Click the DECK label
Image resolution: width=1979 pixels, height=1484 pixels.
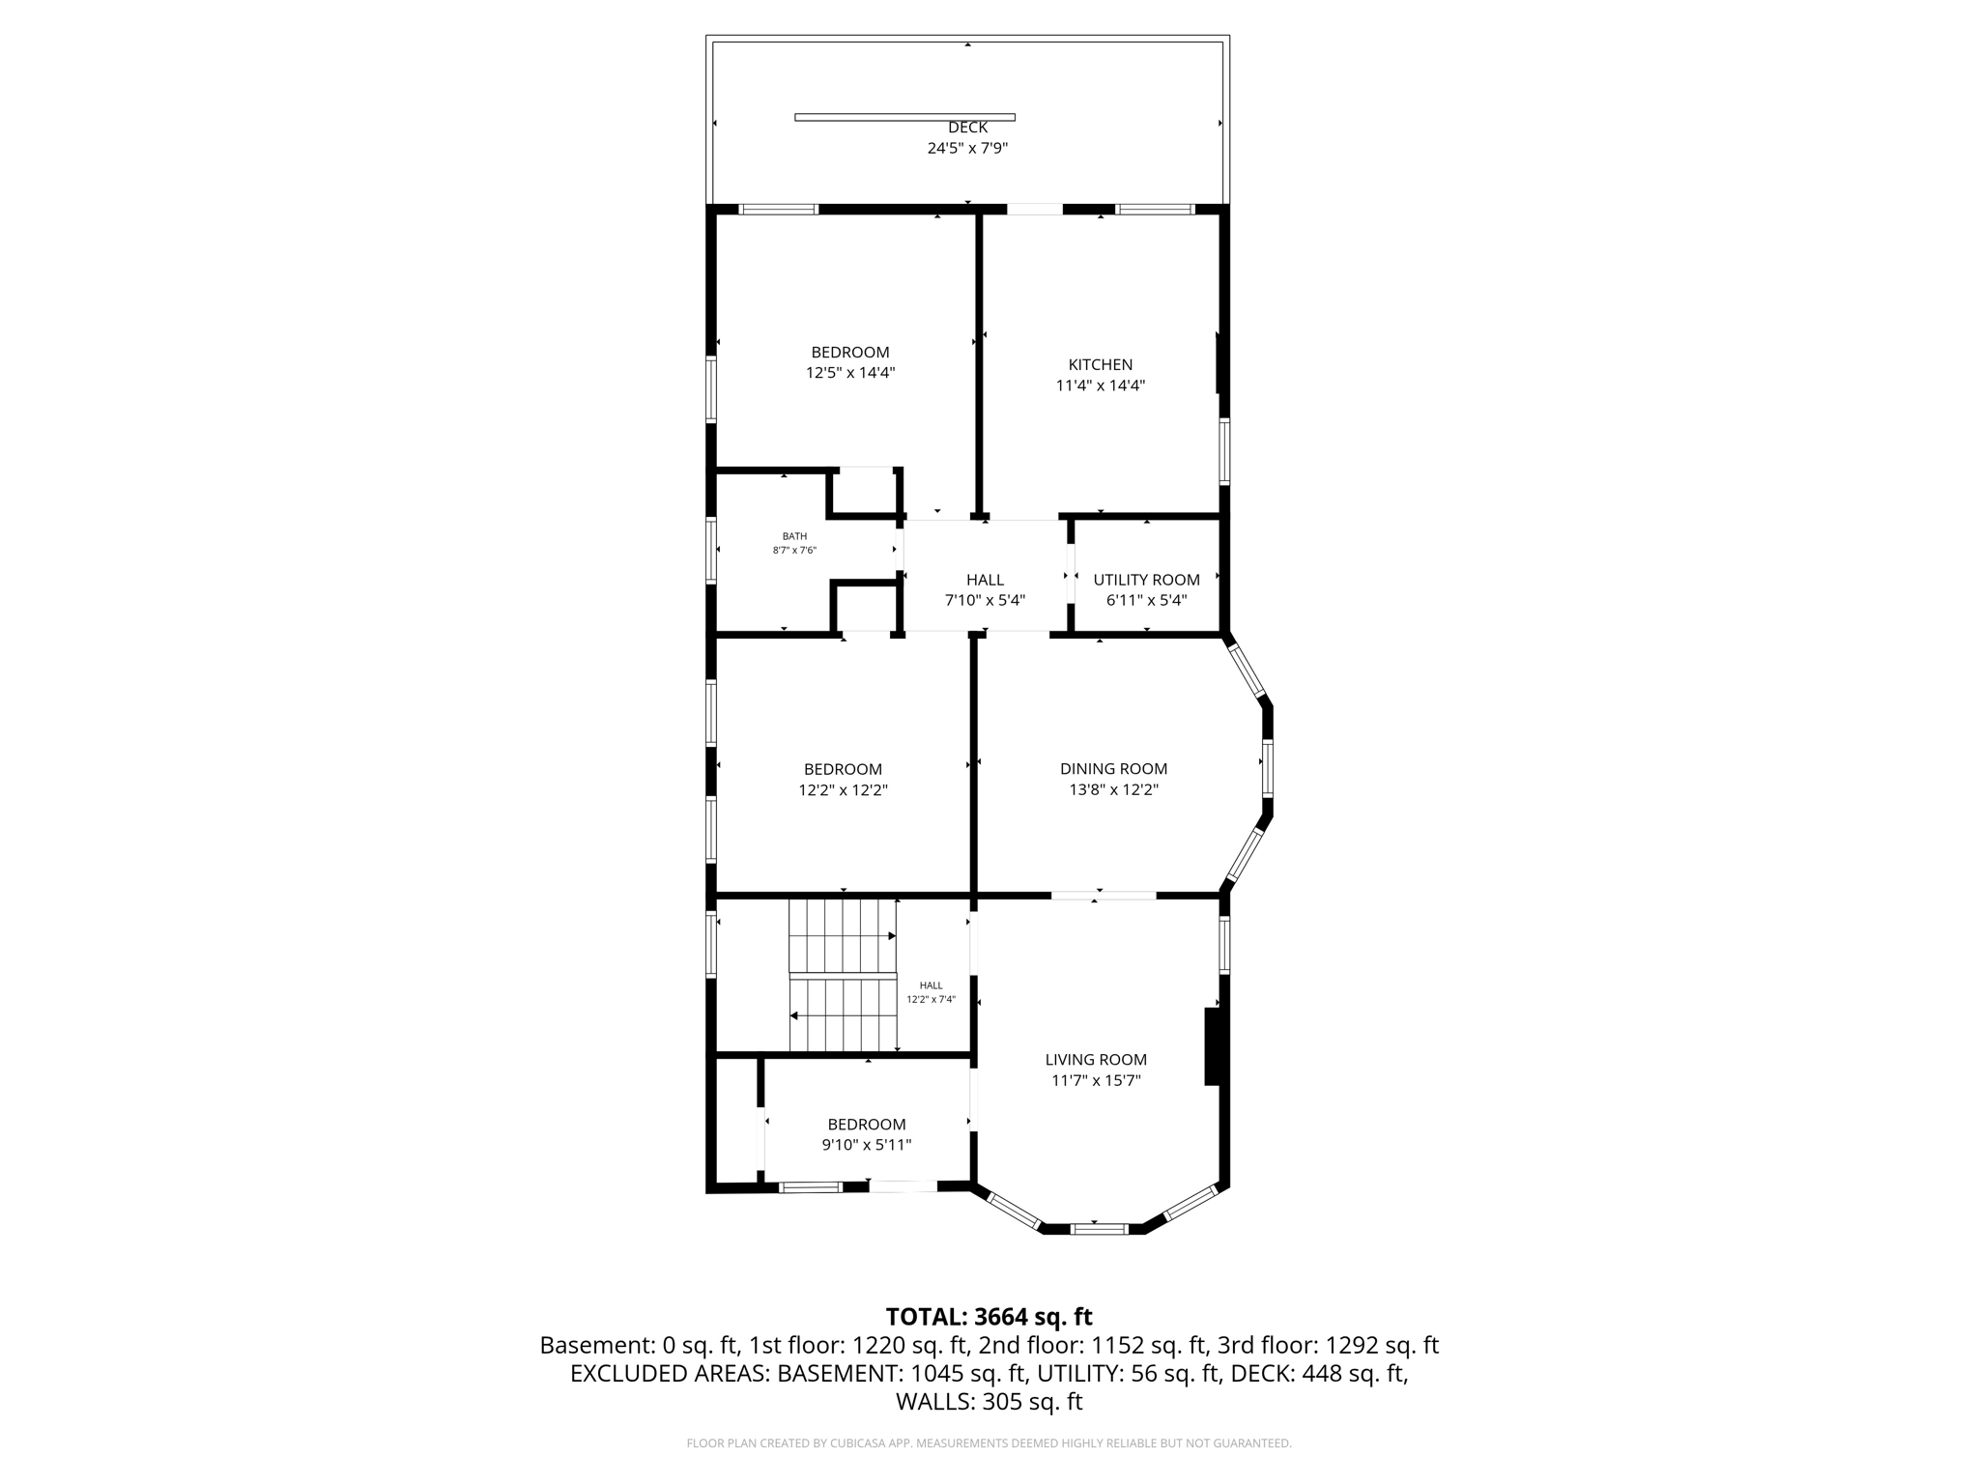point(967,128)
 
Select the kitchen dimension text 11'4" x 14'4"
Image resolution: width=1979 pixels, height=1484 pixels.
point(1100,385)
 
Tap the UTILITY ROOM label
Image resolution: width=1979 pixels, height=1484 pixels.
point(1146,580)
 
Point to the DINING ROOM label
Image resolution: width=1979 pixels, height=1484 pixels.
point(1113,769)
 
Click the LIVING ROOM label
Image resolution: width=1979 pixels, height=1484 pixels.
point(1096,1060)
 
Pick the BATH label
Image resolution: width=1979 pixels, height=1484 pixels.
point(794,536)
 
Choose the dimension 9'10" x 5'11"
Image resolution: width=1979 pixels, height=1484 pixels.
point(866,1145)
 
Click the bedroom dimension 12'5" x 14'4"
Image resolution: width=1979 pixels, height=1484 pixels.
point(850,373)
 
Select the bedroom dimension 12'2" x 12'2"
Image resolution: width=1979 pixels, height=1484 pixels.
point(843,790)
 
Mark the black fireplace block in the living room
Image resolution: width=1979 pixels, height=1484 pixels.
point(1214,1046)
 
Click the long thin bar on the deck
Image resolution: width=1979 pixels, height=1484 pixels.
point(904,117)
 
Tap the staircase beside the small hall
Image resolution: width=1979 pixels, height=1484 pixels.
point(843,976)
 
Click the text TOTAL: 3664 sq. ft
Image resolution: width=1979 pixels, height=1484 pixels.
point(989,1317)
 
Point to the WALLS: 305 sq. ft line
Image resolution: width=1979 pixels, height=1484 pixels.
point(989,1402)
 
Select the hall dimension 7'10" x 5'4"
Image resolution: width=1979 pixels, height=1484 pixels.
point(985,600)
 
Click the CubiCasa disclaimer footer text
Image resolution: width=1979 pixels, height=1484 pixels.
point(989,1443)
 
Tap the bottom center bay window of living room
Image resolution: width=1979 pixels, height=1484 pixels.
point(1100,1229)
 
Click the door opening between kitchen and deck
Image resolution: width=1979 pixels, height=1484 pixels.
point(1035,209)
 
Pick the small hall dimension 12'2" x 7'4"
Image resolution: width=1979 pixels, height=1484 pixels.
point(931,1000)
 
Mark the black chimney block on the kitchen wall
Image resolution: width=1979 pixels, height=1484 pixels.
point(1220,363)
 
